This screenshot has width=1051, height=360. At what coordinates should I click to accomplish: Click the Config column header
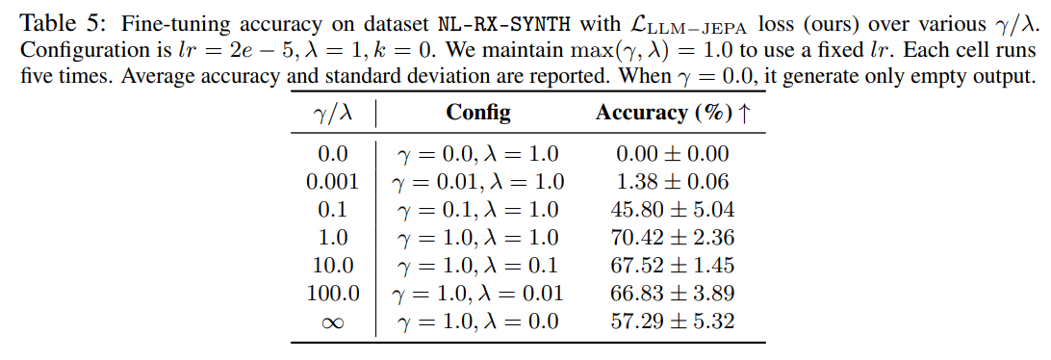(x=478, y=113)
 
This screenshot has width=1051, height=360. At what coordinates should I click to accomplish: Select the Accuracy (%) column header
(x=663, y=113)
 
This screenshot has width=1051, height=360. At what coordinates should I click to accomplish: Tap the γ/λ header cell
(x=333, y=114)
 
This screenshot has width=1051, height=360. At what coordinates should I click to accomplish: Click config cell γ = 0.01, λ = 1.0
(x=477, y=181)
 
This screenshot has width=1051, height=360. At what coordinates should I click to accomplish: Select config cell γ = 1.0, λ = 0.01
(x=477, y=293)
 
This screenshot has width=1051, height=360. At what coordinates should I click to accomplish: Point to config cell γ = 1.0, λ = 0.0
(x=477, y=321)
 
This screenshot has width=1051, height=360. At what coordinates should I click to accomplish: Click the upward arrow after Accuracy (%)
(x=743, y=113)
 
